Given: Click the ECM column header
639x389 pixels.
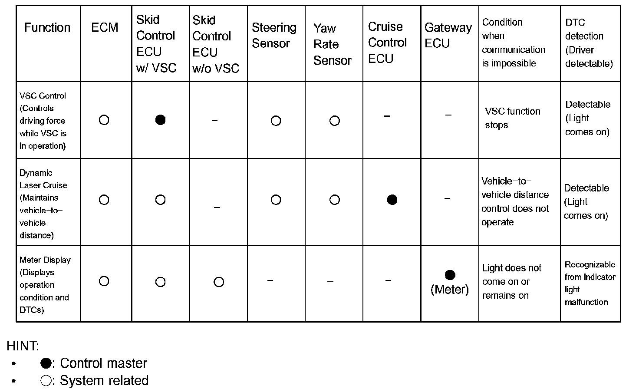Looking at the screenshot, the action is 105,27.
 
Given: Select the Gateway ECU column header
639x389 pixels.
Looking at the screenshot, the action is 448,35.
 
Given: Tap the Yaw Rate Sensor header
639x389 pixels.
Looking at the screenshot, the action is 332,44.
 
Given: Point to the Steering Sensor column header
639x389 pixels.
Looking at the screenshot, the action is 274,35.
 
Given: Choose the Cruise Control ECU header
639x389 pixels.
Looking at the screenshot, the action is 387,43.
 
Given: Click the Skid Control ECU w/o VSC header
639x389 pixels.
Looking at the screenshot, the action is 216,44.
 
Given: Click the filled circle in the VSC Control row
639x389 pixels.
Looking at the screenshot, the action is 160,120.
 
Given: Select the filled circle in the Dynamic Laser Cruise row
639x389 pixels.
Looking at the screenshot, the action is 392,200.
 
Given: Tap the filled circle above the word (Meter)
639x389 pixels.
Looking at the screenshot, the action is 450,275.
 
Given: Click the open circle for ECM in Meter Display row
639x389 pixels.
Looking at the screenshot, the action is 104,281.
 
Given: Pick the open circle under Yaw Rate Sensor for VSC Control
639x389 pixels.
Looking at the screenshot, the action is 334,121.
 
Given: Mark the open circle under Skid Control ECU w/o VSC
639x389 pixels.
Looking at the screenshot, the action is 219,282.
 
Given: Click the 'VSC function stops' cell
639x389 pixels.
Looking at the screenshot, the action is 512,118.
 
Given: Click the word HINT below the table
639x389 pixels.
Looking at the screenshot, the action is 23,346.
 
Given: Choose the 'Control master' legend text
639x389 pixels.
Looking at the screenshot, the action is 103,363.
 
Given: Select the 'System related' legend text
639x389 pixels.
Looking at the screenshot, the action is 104,380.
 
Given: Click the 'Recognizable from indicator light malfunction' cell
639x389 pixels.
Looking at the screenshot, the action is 590,283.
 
